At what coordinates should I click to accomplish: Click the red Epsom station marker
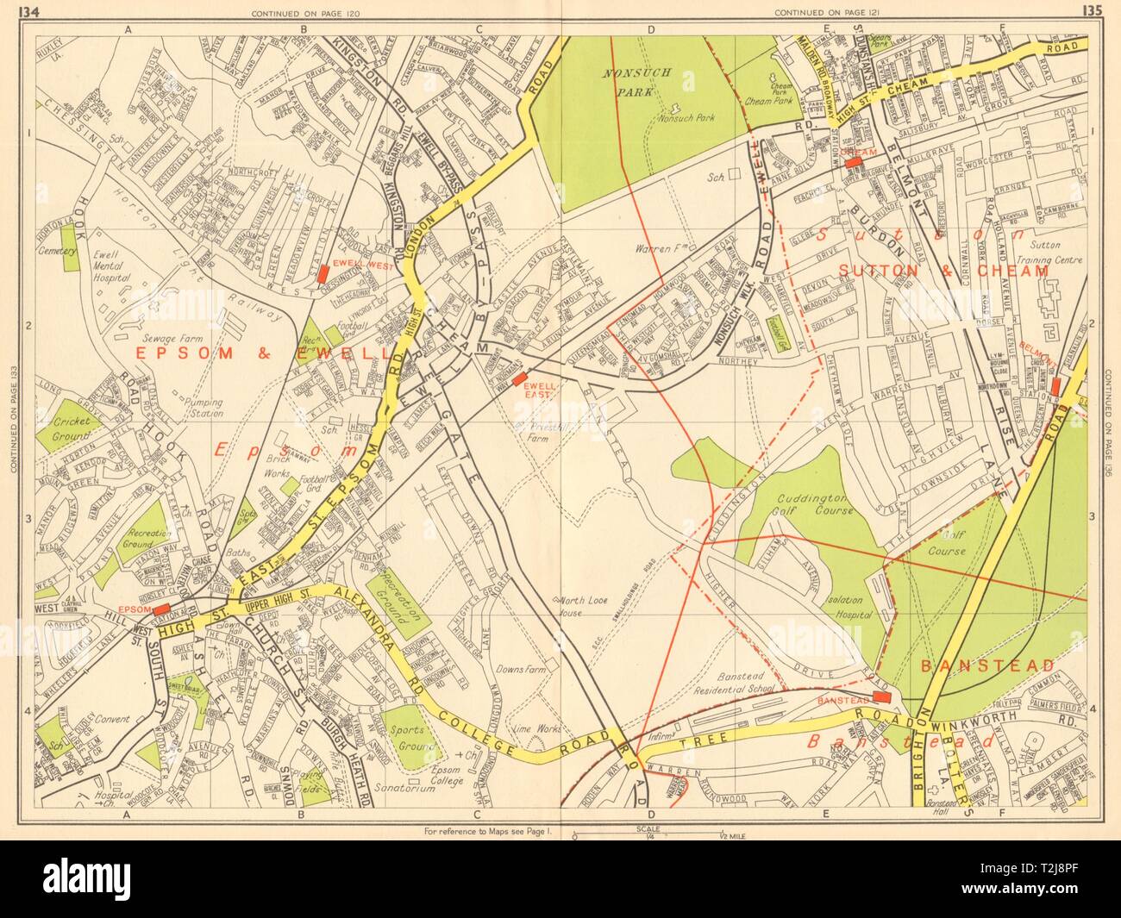(160, 609)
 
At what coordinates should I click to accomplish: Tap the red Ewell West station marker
(323, 274)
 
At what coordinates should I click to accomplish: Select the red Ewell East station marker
(519, 378)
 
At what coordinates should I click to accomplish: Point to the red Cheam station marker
(854, 162)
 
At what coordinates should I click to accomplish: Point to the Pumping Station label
(199, 407)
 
